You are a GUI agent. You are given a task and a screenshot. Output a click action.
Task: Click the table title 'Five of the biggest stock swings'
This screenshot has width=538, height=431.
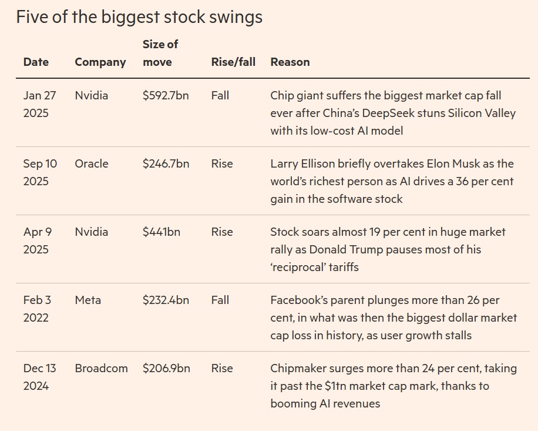point(139,17)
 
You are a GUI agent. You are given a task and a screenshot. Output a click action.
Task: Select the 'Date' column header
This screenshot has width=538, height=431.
point(36,62)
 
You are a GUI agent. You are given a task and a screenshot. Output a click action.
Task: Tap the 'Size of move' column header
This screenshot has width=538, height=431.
point(160,53)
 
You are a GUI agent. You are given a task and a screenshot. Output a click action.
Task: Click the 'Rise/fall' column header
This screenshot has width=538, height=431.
point(233,62)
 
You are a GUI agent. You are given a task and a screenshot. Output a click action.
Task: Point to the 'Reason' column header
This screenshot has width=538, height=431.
point(290,62)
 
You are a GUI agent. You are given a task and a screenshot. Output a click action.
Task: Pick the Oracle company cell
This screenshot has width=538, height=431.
point(92,163)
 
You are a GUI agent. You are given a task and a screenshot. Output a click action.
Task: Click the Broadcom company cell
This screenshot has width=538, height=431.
point(101,368)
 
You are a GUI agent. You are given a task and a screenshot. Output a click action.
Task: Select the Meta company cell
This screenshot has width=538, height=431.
point(88,300)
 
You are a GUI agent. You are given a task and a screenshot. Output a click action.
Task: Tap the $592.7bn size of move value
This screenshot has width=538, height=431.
point(166,95)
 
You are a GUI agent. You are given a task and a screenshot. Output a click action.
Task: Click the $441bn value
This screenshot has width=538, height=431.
point(162,232)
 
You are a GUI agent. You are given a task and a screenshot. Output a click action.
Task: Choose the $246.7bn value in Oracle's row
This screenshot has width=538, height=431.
point(166,163)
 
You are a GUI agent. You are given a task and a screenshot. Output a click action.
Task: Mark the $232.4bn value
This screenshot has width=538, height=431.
point(166,300)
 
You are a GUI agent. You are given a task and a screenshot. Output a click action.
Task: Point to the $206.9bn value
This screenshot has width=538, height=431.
point(166,368)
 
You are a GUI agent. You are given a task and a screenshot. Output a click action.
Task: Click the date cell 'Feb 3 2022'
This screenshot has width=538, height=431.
point(37,309)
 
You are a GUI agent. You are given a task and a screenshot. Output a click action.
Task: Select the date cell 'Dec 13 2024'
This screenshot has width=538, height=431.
point(39,377)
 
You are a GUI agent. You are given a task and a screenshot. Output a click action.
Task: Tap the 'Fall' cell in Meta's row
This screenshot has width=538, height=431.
point(220,300)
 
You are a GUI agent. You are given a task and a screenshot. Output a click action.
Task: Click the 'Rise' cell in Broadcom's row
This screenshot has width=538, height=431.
point(222,368)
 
